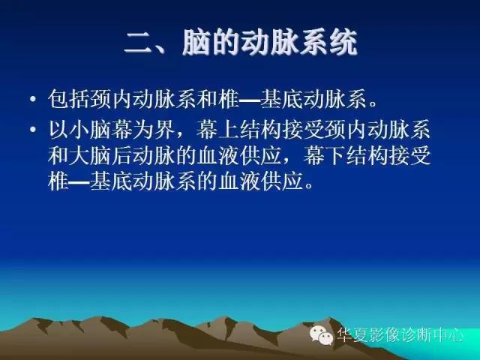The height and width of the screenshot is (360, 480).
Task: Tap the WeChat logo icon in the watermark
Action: pyautogui.click(x=321, y=335)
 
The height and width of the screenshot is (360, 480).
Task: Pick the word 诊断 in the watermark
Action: pyautogui.click(x=418, y=335)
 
